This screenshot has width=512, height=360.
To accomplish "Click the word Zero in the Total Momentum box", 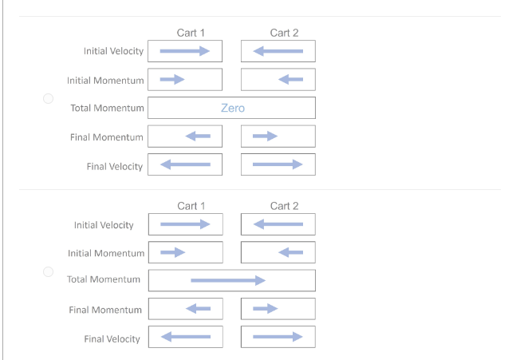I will (232, 108).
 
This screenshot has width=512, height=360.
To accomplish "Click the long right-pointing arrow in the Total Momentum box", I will (227, 280).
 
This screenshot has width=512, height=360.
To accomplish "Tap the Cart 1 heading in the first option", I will (191, 33).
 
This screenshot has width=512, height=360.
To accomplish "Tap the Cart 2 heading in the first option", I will (284, 33).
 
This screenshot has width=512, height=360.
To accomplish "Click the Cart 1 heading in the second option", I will (191, 206).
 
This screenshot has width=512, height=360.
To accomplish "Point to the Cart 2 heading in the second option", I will (284, 206).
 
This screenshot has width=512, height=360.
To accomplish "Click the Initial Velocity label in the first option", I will (113, 51).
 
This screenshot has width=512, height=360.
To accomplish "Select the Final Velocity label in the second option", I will (112, 338).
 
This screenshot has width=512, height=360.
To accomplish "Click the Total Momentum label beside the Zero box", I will (107, 108).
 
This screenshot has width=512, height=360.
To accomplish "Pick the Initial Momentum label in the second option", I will (106, 253).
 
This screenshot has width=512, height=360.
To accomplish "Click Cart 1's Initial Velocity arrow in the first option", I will (184, 51).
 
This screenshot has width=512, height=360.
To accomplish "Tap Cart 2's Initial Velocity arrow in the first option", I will (278, 51).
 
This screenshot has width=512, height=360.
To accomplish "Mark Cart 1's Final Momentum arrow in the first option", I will (198, 136).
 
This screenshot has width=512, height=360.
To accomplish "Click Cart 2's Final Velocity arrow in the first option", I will (278, 165).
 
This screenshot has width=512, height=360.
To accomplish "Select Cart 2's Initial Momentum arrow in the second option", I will (290, 253).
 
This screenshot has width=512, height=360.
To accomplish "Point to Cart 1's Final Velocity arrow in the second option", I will (185, 337).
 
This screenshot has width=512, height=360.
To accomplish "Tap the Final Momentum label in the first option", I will (107, 137).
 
